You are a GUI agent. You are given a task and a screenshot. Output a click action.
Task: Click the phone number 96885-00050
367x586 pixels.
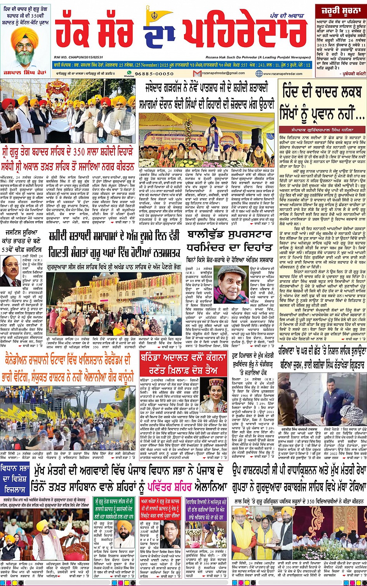pyautogui.click(x=154, y=73)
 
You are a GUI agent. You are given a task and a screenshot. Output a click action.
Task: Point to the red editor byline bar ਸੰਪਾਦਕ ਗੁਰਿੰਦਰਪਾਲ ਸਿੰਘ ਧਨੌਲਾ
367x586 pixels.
pyautogui.click(x=322, y=130)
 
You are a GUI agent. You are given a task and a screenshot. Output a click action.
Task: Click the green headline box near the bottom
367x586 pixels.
pyautogui.click(x=113, y=507)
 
